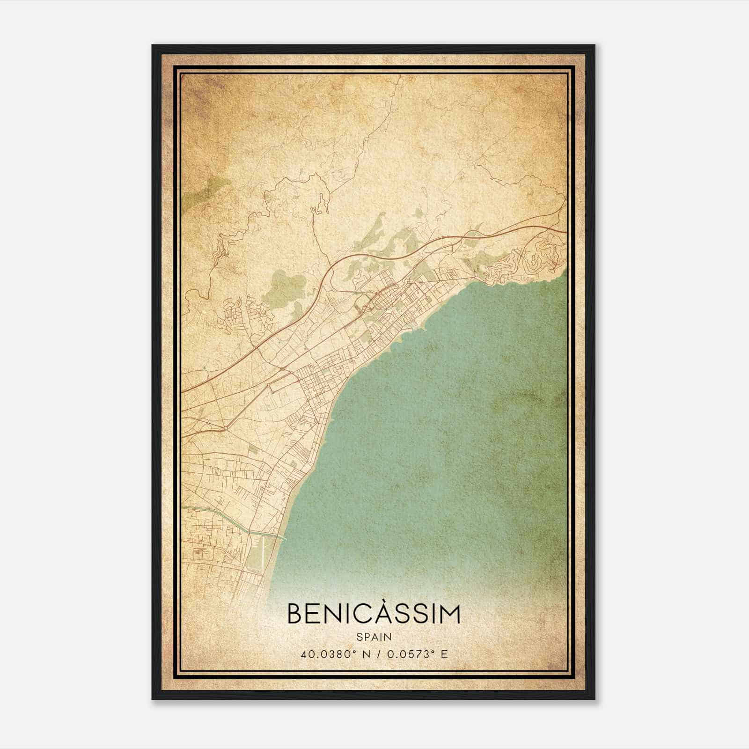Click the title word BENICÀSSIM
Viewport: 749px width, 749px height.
tap(374, 614)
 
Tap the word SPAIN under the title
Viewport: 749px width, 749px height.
tap(374, 637)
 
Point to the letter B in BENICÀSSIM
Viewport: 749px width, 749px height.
tap(295, 614)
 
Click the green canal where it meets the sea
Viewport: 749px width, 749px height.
tap(281, 537)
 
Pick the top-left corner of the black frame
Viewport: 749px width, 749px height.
tap(153, 46)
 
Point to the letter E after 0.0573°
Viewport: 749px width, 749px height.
tap(444, 654)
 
